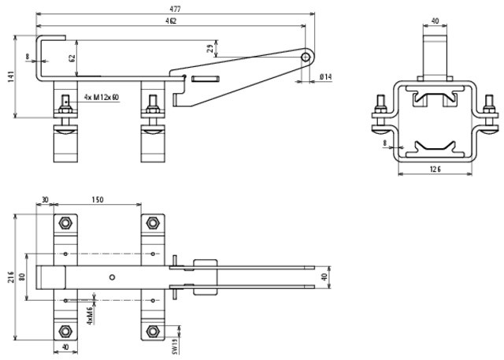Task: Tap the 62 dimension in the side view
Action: [71, 58]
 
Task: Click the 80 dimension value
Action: [24, 276]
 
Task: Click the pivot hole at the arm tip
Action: [306, 57]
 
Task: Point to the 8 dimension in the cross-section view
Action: [384, 144]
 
